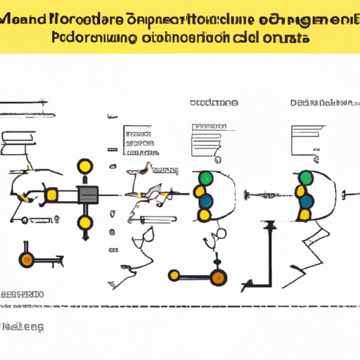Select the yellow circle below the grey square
pos(86,224)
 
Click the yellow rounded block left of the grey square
pos(51,194)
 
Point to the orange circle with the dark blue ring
pos(27,259)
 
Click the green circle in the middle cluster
pos(204,179)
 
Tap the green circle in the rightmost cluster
pos(307,179)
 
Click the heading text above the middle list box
pos(214,103)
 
